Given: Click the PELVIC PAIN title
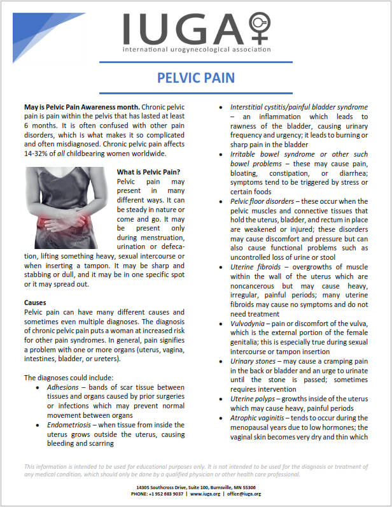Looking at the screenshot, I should [196, 78].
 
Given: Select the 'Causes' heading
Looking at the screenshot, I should [35, 302].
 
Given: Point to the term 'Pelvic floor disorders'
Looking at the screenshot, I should [262, 201].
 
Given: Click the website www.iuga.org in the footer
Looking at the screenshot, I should [204, 494].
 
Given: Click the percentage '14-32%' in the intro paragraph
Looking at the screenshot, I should [37, 154].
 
